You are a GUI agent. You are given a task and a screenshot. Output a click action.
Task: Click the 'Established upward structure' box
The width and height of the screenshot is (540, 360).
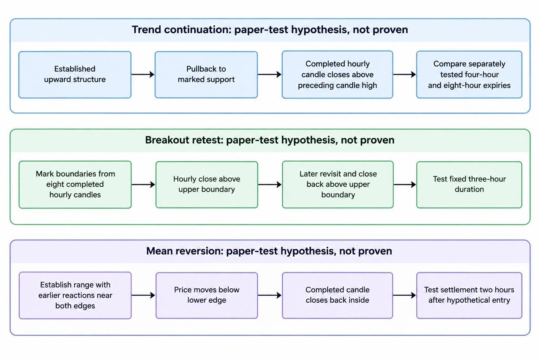point(75,75)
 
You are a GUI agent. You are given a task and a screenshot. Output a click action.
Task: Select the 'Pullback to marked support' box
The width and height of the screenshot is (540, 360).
point(206,75)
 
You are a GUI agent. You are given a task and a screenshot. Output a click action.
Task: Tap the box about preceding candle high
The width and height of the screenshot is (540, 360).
point(337,75)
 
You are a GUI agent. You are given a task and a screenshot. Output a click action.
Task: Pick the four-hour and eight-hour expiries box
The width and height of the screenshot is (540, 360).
point(469,75)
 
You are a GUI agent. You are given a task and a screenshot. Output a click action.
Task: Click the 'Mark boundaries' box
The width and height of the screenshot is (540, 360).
point(75,185)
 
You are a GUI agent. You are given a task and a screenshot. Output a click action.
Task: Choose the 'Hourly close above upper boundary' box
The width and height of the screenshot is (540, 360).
point(207,185)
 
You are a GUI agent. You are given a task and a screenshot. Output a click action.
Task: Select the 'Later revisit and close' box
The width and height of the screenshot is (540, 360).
point(338,185)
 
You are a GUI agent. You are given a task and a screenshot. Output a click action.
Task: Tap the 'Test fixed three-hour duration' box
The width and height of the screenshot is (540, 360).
point(469,185)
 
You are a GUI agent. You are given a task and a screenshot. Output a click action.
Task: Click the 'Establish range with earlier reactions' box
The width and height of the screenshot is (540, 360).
point(75,295)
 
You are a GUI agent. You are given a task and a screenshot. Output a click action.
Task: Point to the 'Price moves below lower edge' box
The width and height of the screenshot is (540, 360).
point(207,295)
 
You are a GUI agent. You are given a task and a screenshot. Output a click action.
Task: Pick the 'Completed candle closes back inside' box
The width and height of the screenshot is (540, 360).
point(337,295)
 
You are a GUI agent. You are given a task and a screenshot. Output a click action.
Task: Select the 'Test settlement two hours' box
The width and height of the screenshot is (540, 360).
point(469,295)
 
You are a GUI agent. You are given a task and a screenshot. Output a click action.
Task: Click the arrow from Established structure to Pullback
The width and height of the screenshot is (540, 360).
point(143,74)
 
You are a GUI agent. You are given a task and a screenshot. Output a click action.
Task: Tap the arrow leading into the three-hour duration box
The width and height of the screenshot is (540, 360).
point(405,185)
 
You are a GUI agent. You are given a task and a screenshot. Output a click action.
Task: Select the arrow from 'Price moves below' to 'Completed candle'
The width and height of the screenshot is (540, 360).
point(270,295)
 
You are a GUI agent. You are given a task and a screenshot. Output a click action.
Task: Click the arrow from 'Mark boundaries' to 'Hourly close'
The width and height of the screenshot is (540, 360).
point(143,185)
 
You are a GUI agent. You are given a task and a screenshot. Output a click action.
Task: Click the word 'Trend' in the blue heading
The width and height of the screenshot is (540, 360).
point(146,30)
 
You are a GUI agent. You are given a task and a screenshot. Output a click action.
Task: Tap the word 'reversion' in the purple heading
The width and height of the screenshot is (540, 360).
point(199,251)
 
